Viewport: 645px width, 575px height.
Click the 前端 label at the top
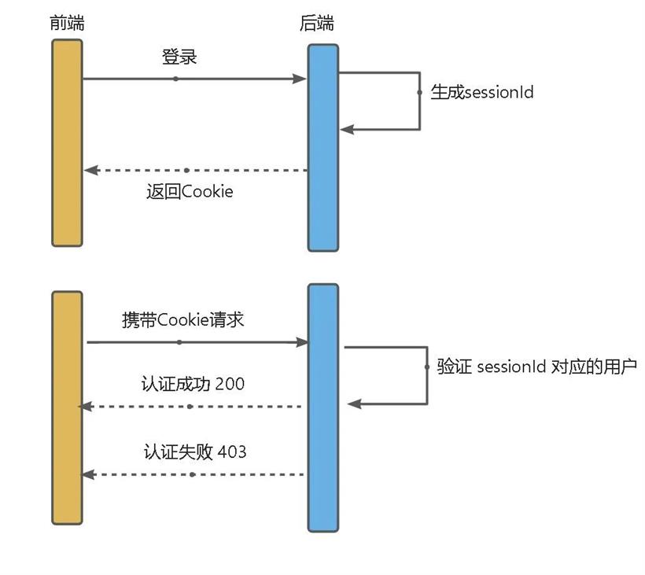coord(66,23)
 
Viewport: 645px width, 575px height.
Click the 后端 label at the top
coord(317,23)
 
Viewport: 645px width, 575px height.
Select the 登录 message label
coord(179,57)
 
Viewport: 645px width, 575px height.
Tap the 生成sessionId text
coord(482,92)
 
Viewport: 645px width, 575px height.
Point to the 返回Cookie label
coord(190,191)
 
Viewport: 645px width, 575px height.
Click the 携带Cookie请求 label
coord(182,320)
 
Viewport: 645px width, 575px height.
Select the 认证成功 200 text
coord(193,385)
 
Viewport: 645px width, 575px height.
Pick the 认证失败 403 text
coord(194,452)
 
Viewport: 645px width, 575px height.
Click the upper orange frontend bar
coord(67,142)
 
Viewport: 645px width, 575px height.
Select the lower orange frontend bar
coord(67,407)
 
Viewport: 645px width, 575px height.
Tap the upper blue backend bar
coord(322,147)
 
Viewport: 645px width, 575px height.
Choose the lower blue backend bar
coord(322,407)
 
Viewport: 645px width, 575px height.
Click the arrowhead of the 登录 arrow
coord(300,79)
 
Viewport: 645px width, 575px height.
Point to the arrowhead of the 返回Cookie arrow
coord(90,170)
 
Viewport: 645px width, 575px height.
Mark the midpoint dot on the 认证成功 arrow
coord(190,407)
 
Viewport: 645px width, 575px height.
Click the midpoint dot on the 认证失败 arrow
coord(193,474)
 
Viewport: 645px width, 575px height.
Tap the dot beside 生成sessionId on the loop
coord(420,92)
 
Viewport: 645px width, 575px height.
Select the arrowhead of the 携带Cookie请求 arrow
coord(301,342)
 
